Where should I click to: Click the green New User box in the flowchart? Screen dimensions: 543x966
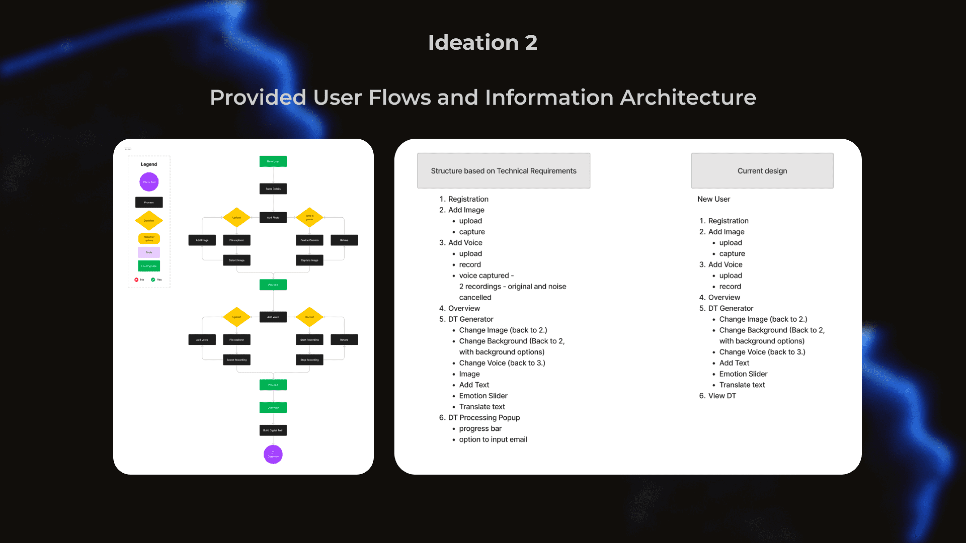point(273,161)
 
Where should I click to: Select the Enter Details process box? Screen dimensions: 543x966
point(273,189)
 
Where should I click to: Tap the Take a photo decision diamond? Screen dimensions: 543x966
point(309,217)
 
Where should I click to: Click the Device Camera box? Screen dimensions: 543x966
point(309,240)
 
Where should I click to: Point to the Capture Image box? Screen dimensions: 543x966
point(309,260)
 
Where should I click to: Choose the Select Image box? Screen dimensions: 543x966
point(237,260)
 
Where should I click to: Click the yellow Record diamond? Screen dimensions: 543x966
point(309,317)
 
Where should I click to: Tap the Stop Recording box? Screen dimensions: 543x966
point(309,360)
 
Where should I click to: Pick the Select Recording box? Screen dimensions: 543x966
point(237,360)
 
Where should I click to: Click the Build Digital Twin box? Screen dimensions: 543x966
point(273,430)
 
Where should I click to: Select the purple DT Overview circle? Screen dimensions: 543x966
point(273,454)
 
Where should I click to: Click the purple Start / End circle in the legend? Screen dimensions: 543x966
point(149,182)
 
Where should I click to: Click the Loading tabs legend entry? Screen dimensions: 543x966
point(149,266)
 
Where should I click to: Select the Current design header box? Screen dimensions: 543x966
point(762,171)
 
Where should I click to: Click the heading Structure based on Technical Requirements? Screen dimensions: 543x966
point(503,171)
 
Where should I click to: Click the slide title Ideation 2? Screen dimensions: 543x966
point(483,42)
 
